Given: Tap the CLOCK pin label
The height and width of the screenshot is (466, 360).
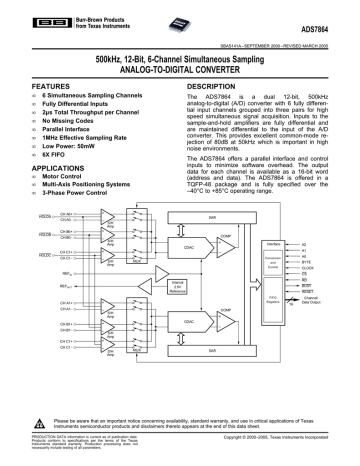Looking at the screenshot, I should pyautogui.click(x=309, y=267).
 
